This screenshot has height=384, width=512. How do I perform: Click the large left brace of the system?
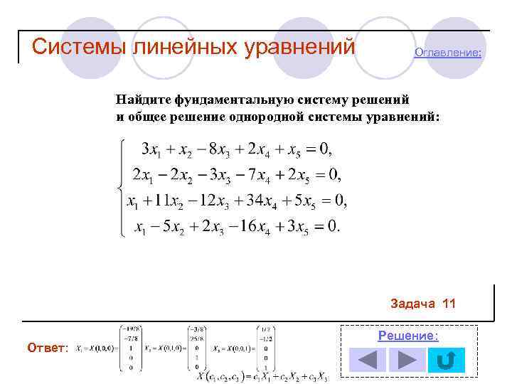tap(122, 188)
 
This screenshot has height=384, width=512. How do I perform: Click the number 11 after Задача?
tap(449, 304)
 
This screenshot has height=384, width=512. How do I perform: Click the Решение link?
tap(408, 336)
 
